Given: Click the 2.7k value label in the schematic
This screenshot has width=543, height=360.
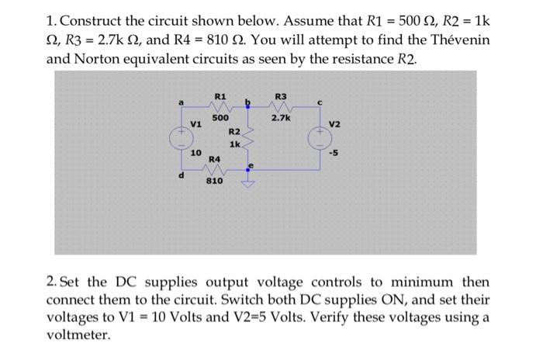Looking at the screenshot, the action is [281, 119].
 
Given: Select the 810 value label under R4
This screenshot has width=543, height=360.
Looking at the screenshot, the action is [214, 181].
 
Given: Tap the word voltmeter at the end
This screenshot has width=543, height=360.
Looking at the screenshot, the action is [78, 336].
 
